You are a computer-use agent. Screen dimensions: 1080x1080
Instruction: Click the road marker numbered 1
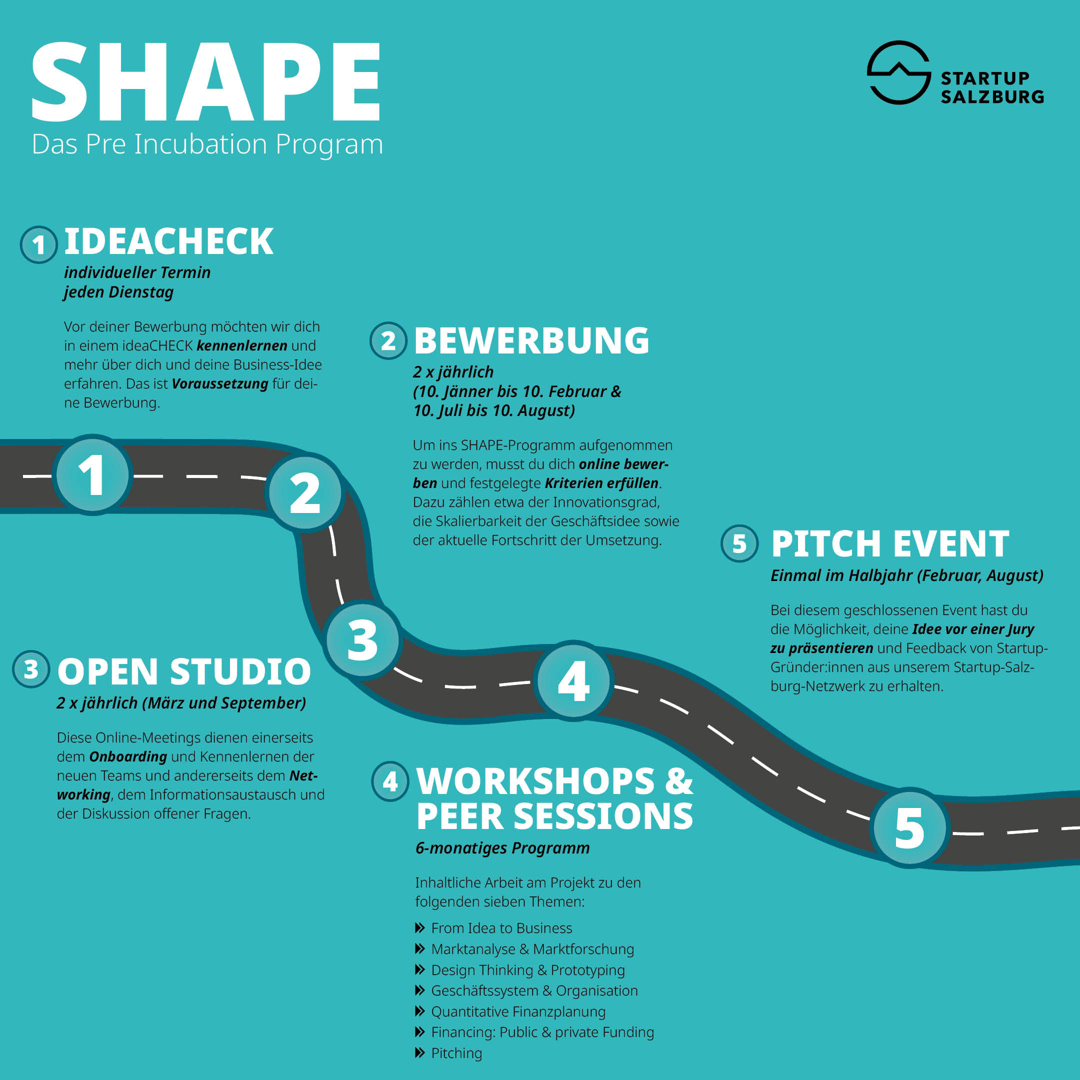tap(92, 474)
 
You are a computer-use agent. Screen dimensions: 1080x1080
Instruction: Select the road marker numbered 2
tap(305, 492)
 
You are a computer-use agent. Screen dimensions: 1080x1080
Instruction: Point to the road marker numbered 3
tap(363, 639)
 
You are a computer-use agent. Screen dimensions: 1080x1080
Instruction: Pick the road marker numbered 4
tap(573, 680)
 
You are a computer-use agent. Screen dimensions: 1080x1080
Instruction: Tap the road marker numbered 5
tap(910, 828)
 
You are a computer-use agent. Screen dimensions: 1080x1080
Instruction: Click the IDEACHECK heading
tap(169, 241)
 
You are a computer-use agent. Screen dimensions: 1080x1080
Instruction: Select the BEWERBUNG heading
tap(531, 340)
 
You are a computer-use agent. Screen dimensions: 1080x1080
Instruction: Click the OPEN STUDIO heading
tap(184, 671)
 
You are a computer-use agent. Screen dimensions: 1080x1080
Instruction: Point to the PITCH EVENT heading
tap(890, 544)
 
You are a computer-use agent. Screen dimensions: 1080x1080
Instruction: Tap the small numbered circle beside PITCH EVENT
tap(739, 543)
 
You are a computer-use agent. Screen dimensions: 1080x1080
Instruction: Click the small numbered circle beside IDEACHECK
tap(38, 244)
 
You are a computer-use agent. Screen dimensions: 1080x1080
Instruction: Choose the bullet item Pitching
tap(456, 1053)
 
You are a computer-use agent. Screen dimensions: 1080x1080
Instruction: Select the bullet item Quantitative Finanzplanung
tap(518, 1012)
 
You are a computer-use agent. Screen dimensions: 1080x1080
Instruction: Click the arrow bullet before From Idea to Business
tap(420, 928)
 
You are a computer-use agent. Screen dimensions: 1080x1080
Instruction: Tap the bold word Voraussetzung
tap(220, 384)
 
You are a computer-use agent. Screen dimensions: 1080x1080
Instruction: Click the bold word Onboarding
tap(128, 757)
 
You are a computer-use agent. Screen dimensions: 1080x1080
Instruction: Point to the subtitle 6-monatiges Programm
tap(502, 848)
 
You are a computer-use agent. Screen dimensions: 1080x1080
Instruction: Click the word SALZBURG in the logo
tap(992, 96)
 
